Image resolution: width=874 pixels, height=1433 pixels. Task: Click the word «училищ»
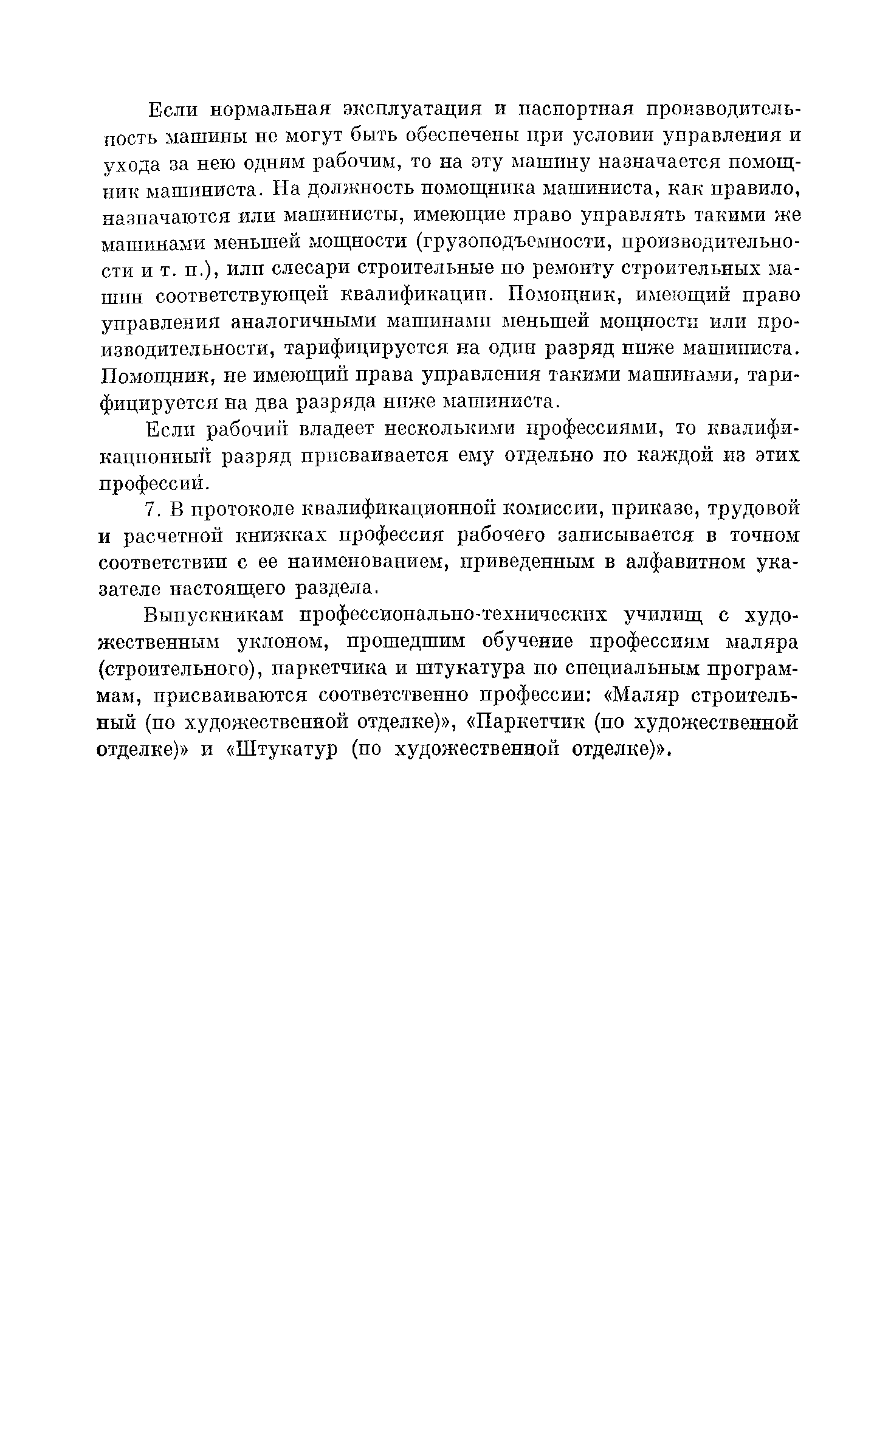(x=663, y=616)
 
